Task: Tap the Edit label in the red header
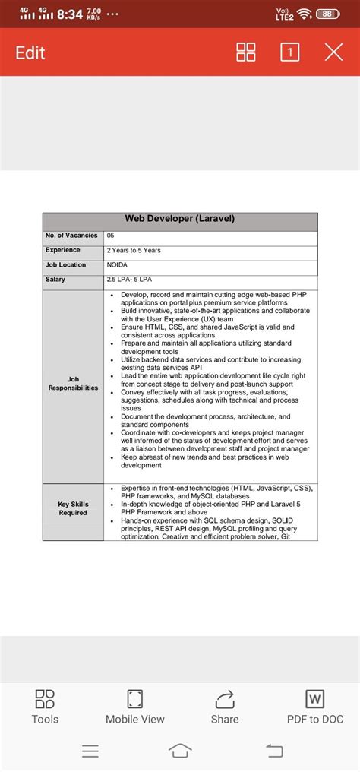tap(30, 52)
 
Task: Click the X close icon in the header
tap(333, 52)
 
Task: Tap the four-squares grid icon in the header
tap(246, 52)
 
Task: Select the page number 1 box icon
tap(289, 52)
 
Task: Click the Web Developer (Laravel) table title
tap(180, 219)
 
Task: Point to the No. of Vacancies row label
tap(71, 236)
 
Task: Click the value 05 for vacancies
tap(111, 236)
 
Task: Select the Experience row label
tap(63, 250)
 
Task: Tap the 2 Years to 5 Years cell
tap(134, 250)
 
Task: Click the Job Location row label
tap(66, 264)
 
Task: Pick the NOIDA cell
tap(117, 264)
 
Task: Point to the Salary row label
tap(55, 279)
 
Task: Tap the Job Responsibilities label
tap(73, 383)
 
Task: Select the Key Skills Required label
tap(73, 508)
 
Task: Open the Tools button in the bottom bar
tap(45, 706)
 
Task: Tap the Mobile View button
tap(135, 706)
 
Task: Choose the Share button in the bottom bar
tap(225, 706)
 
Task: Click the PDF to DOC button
tap(315, 706)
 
